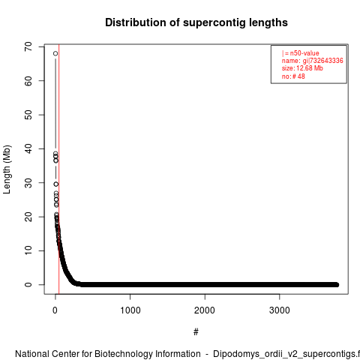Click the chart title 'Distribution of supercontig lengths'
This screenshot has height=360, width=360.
pos(196,22)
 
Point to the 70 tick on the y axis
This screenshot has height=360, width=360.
pos(28,46)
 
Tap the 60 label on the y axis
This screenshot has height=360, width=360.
pos(28,81)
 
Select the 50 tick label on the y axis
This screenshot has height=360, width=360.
pos(28,115)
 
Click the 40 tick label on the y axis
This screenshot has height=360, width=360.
pos(28,148)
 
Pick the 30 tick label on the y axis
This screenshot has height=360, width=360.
pos(28,183)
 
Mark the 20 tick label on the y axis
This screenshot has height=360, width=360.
pos(28,217)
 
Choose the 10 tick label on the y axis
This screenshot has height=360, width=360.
pos(28,250)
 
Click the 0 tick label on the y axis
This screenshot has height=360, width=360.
pos(28,285)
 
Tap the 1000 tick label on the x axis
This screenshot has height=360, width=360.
pos(130,310)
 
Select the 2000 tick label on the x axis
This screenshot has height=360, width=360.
pos(205,310)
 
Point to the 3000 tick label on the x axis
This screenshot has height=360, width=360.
pos(280,310)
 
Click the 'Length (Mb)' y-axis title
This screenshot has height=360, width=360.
pos(7,169)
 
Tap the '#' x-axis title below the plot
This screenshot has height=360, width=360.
pos(196,332)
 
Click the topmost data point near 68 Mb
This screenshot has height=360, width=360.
pos(55,53)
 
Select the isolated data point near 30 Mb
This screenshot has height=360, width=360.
pos(56,184)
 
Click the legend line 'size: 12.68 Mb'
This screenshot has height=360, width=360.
pos(302,68)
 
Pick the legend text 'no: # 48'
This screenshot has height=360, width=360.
pos(293,76)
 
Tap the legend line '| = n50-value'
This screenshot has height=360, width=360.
pos(301,53)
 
